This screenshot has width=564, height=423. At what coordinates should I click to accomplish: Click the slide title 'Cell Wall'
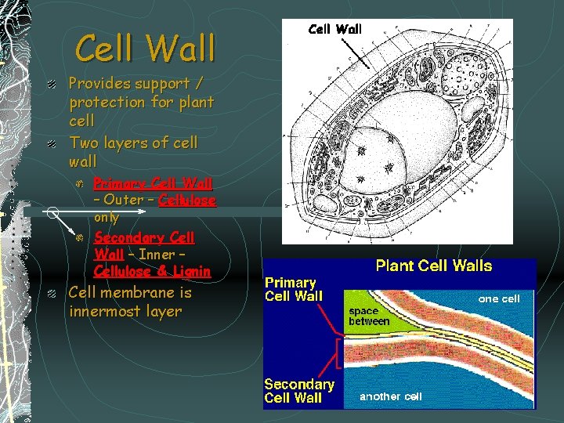click(x=145, y=48)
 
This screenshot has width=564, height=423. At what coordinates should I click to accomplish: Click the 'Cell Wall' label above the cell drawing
click(x=335, y=29)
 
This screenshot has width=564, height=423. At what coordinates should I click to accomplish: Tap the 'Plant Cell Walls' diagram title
click(x=434, y=266)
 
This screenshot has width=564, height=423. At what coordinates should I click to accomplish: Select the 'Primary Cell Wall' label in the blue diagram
click(x=291, y=289)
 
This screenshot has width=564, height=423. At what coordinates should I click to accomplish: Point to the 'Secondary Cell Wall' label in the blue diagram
click(x=298, y=391)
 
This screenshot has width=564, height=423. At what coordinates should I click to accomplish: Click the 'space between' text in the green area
click(x=368, y=316)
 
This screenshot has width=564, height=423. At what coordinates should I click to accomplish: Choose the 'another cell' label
click(x=391, y=396)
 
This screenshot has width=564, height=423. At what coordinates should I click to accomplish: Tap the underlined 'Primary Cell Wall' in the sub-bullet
click(x=153, y=184)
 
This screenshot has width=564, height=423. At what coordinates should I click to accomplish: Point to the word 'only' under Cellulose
click(x=107, y=218)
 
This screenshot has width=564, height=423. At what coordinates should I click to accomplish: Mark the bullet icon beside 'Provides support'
click(x=51, y=84)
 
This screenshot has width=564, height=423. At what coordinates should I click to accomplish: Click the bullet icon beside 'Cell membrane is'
click(x=51, y=294)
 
